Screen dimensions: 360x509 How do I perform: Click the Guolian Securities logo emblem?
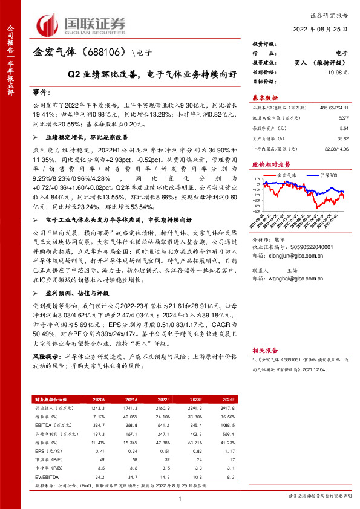[50, 24]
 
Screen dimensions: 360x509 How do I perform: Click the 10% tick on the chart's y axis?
[257, 178]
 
